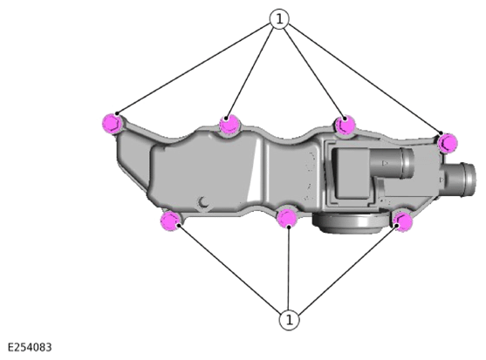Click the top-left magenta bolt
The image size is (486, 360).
click(112, 124)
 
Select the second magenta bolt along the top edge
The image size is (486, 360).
click(229, 124)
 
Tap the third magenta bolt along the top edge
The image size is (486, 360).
click(345, 125)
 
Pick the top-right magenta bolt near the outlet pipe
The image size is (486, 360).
click(448, 143)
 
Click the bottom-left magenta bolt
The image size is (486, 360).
click(170, 221)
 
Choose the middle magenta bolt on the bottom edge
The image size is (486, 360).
click(287, 218)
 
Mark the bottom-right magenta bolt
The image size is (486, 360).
click(402, 221)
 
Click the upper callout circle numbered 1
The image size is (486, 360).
click(279, 19)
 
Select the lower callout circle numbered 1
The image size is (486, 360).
click(289, 320)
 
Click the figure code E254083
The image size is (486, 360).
click(30, 347)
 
